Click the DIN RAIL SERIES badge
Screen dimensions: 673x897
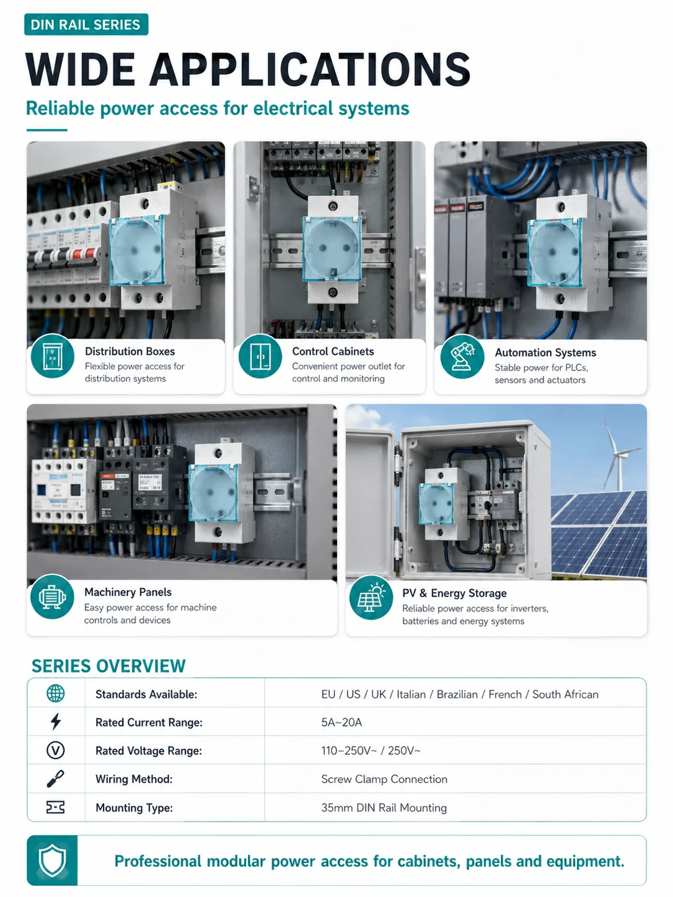point(86,25)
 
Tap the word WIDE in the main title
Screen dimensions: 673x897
point(81,69)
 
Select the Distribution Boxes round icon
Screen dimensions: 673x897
point(53,356)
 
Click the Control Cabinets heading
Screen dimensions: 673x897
point(333,351)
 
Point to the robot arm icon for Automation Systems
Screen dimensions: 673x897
point(462,356)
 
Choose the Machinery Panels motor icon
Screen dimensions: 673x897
point(52,597)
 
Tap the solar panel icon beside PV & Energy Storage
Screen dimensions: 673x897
point(371,598)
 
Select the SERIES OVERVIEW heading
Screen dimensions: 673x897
point(108,666)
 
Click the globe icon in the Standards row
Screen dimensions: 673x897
point(56,693)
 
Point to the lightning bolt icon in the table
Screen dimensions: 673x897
point(56,722)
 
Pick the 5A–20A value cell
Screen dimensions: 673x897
point(341,722)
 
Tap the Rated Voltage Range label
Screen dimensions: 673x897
point(148,751)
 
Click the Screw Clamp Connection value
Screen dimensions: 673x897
point(384,779)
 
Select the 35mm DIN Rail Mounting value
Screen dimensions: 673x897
point(384,808)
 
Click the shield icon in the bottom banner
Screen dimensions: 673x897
point(52,860)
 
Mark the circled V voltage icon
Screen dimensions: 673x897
point(56,750)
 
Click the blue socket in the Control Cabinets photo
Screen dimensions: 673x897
point(332,249)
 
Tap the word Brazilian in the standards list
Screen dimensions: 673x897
point(457,694)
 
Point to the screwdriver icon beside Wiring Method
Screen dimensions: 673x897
point(56,779)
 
